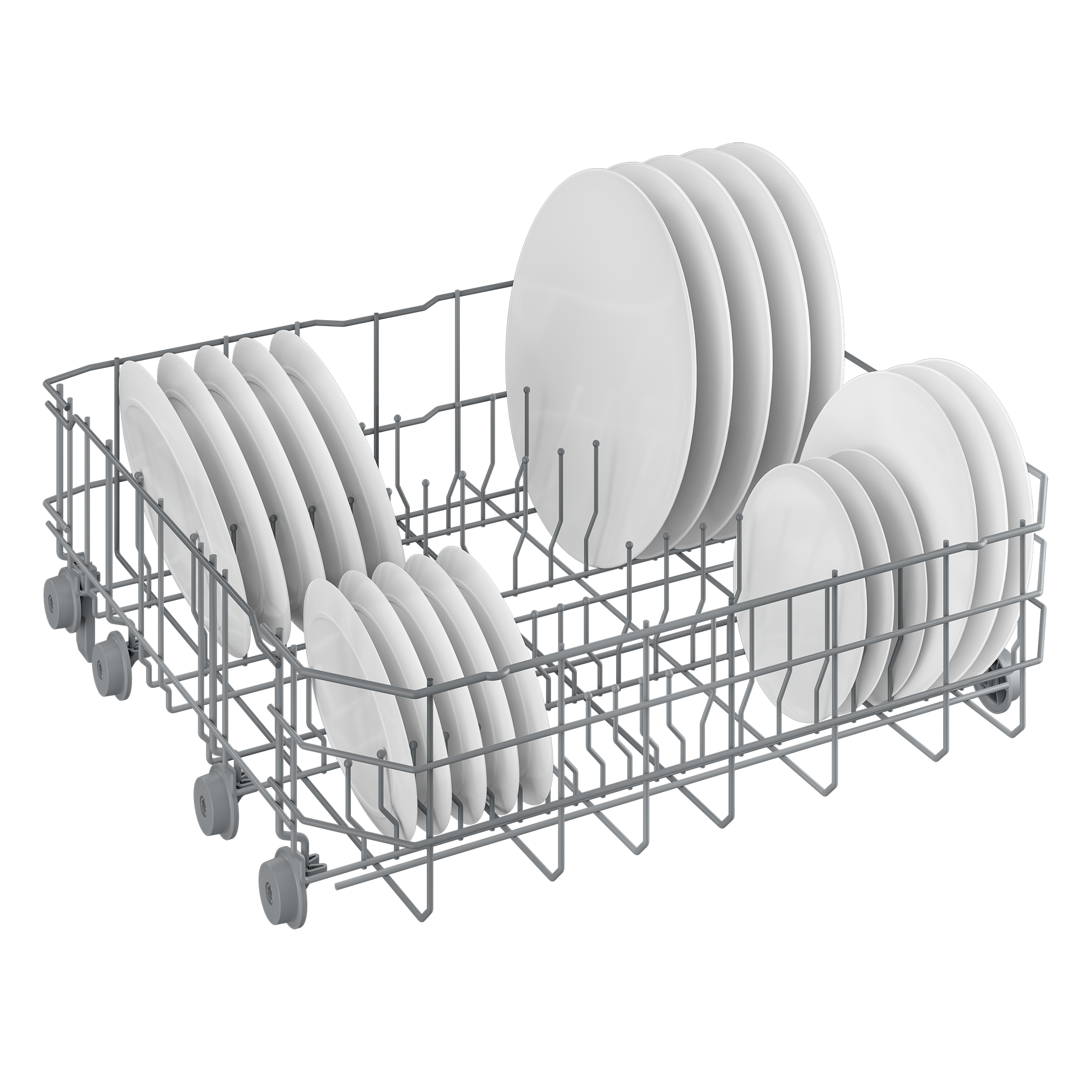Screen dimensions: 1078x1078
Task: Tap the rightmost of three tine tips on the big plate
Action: [x=596, y=427]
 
